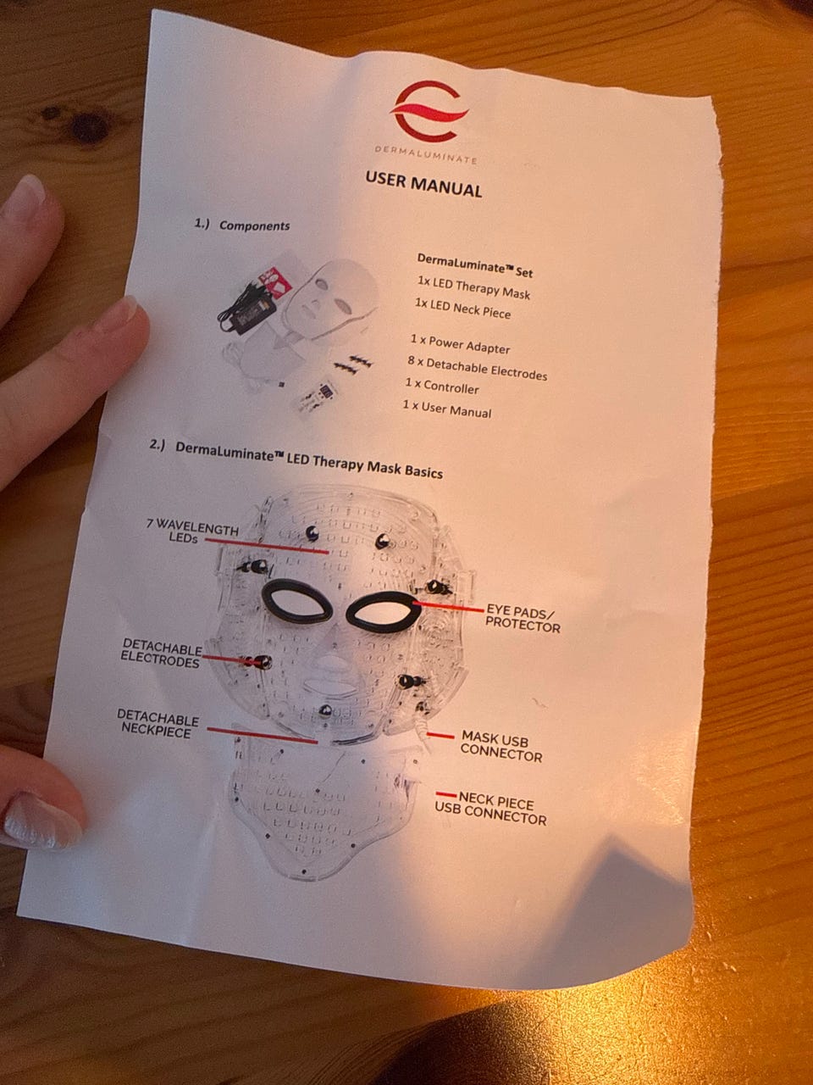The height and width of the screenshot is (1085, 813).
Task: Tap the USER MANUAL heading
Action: pyautogui.click(x=423, y=184)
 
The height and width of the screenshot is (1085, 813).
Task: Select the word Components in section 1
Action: pyautogui.click(x=254, y=225)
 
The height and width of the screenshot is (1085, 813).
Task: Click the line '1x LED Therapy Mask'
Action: pyautogui.click(x=473, y=287)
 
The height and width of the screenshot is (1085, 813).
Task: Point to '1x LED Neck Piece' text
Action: pyautogui.click(x=462, y=309)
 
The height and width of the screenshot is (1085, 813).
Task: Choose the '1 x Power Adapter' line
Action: pyautogui.click(x=460, y=344)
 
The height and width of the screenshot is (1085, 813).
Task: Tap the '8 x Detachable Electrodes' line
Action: pyautogui.click(x=478, y=368)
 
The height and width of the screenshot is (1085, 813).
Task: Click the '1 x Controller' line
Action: pyautogui.click(x=442, y=386)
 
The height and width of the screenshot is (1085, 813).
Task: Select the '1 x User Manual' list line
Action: pyautogui.click(x=447, y=409)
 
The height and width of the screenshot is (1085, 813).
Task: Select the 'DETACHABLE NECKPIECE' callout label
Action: pyautogui.click(x=158, y=723)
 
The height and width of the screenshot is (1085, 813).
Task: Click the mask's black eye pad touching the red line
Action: pyautogui.click(x=384, y=612)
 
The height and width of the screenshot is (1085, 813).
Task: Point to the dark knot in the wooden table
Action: pyautogui.click(x=87, y=127)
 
